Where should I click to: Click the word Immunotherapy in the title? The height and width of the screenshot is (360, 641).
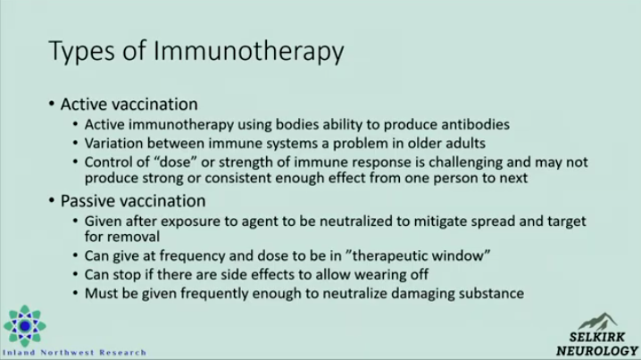click(248, 52)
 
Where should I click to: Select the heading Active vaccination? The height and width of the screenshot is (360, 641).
click(129, 105)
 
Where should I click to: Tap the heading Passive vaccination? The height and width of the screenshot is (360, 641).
click(133, 201)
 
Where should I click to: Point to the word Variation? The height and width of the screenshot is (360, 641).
click(114, 143)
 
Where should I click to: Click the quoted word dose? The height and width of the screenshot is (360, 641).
click(176, 162)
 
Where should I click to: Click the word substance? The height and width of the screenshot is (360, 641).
click(492, 293)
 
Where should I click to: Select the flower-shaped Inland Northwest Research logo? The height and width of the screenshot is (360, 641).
click(24, 326)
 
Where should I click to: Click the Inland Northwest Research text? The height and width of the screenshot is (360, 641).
click(74, 353)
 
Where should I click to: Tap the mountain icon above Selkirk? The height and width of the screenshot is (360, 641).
click(597, 322)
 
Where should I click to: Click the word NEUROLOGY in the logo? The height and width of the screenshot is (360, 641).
click(597, 351)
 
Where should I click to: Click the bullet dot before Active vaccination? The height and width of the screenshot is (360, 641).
click(52, 104)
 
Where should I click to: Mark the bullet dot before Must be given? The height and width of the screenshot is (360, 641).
click(75, 293)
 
